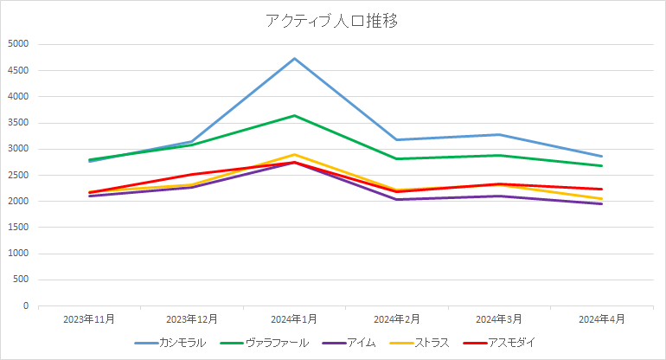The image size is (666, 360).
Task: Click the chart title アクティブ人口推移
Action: pos(332,22)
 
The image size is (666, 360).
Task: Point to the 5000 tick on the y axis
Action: pos(18,44)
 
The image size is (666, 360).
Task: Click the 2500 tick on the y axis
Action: pos(18,175)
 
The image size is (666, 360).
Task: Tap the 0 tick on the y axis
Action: pos(26,306)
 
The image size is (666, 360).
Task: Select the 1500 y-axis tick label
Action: pos(18,228)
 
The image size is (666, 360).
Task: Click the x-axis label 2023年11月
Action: pos(89,319)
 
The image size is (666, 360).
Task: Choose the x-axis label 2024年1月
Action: pos(295,319)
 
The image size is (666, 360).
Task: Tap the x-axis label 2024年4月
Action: pos(602,319)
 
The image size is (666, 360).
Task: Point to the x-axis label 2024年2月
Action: pos(397,319)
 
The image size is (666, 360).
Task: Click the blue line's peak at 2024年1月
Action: pos(295,58)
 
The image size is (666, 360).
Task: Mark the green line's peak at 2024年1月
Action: pos(295,115)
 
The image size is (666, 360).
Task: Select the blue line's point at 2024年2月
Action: pos(397,139)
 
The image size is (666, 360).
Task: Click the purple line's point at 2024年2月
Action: pos(397,200)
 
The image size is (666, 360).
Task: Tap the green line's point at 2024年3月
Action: pos(499,155)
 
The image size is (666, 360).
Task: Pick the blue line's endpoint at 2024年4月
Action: pos(602,157)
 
